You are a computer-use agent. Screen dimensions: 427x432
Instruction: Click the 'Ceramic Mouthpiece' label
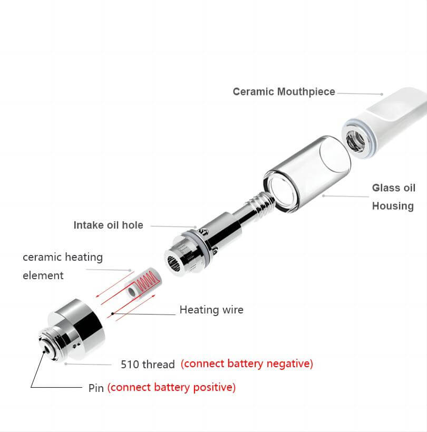(284, 92)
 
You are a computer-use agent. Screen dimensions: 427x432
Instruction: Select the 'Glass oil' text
(394, 188)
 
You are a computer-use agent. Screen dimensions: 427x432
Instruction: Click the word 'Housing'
(393, 206)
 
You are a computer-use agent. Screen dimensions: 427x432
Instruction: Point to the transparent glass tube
(307, 173)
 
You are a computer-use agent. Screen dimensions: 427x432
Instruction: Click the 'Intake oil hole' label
(109, 225)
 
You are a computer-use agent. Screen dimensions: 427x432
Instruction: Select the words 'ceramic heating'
(63, 257)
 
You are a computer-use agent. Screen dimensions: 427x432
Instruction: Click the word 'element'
(43, 276)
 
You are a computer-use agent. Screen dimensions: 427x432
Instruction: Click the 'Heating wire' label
(211, 310)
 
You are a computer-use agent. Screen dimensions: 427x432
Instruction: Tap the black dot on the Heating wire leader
(112, 313)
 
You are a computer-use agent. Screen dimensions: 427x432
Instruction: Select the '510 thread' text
(148, 364)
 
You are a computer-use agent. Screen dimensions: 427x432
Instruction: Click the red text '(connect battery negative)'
(247, 364)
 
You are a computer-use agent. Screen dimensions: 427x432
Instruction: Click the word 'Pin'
(96, 388)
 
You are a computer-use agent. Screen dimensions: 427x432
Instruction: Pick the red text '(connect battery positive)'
(171, 387)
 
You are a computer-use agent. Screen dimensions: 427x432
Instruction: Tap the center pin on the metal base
(45, 350)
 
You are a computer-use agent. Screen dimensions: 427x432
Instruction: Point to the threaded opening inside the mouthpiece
(356, 141)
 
